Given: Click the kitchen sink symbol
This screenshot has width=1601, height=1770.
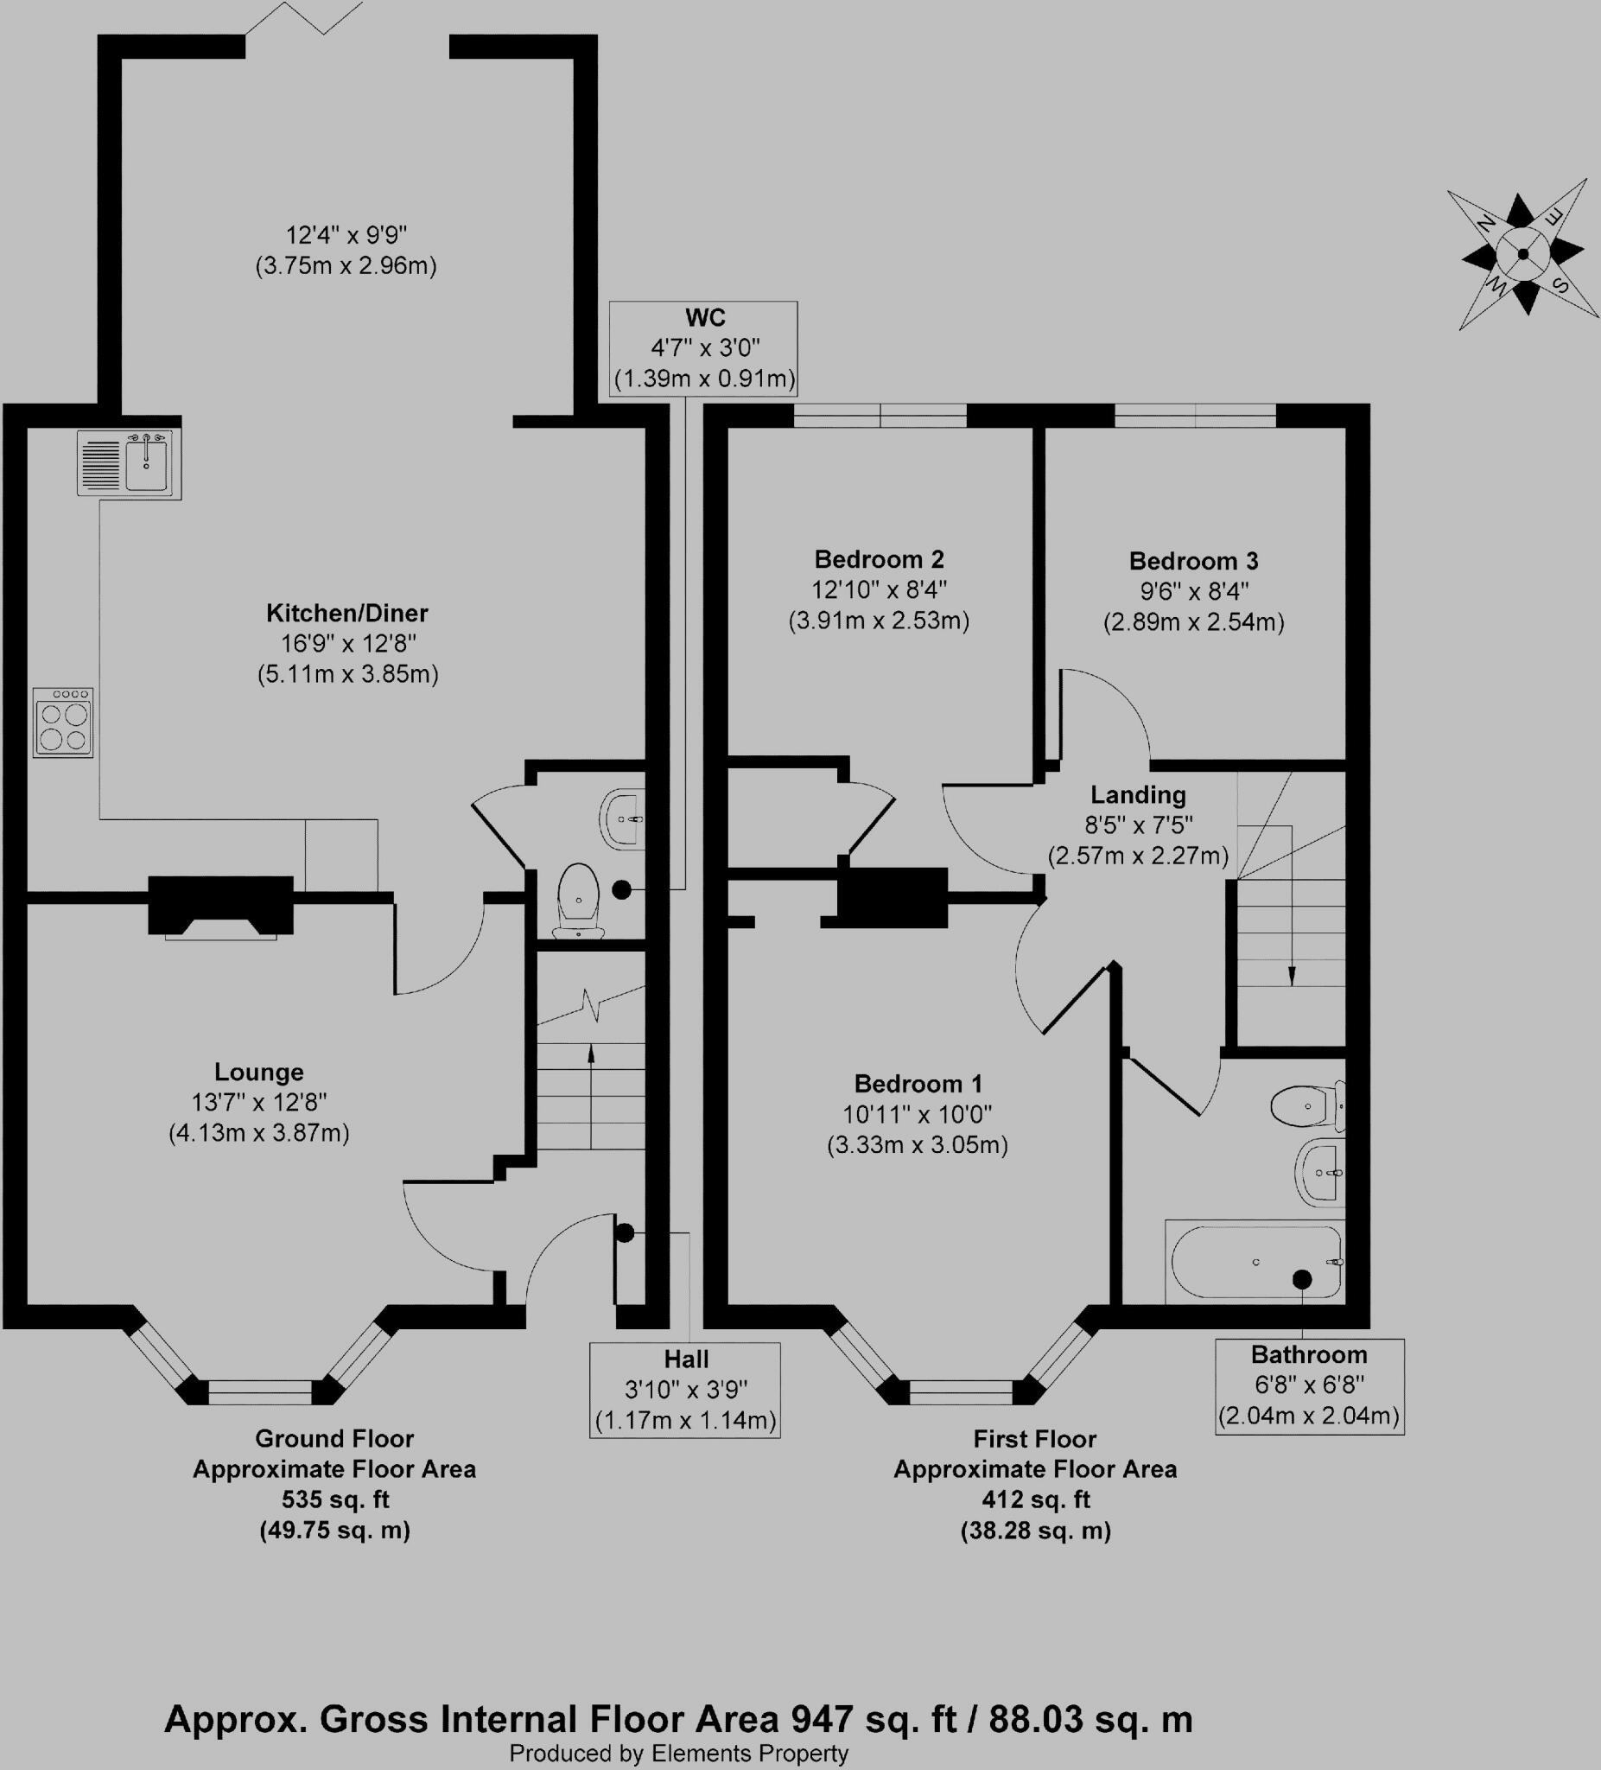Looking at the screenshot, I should click(x=129, y=464).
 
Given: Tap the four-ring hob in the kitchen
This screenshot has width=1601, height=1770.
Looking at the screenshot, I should click(x=63, y=723).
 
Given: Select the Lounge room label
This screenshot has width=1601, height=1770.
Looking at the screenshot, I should click(x=259, y=1072).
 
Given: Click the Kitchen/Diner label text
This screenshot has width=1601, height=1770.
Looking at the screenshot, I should click(x=346, y=613).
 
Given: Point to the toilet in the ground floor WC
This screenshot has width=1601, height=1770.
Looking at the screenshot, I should click(x=579, y=899).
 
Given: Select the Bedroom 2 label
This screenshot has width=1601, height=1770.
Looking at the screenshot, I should click(x=879, y=559).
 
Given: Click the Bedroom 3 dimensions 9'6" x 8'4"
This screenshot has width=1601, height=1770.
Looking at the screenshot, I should click(x=1193, y=591).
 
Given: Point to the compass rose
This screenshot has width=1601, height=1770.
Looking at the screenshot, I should click(x=1523, y=255).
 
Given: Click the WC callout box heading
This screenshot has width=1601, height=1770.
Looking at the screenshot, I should click(x=705, y=317).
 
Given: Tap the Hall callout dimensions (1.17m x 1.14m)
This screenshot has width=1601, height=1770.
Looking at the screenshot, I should click(x=685, y=1421).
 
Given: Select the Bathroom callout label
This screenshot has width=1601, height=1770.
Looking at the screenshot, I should click(x=1309, y=1354).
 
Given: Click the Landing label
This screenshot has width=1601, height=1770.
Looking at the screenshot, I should click(x=1138, y=795).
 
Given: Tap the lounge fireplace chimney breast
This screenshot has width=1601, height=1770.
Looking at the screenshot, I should click(x=220, y=905).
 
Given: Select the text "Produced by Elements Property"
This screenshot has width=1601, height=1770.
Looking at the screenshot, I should click(x=678, y=1753).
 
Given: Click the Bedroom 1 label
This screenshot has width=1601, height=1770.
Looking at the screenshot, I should click(x=918, y=1084).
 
